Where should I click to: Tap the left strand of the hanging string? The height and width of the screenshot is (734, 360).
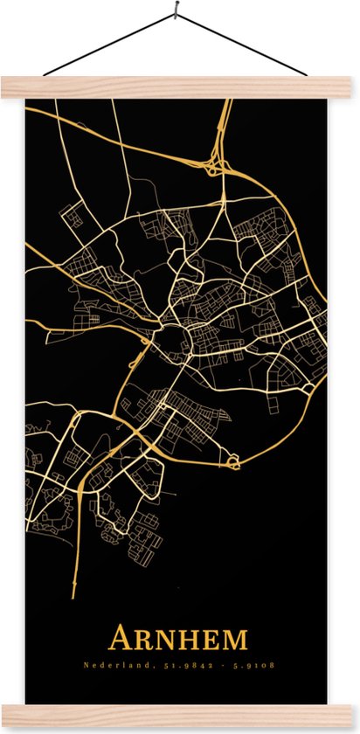point(109,45)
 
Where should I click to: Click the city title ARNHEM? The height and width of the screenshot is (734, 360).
point(177,639)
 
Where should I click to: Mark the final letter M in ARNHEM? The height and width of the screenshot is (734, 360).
point(235,641)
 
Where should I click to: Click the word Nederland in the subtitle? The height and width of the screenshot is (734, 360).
point(106,667)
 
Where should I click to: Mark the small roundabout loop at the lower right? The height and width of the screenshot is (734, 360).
point(234,460)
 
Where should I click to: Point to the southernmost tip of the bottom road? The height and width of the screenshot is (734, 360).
point(73,597)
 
